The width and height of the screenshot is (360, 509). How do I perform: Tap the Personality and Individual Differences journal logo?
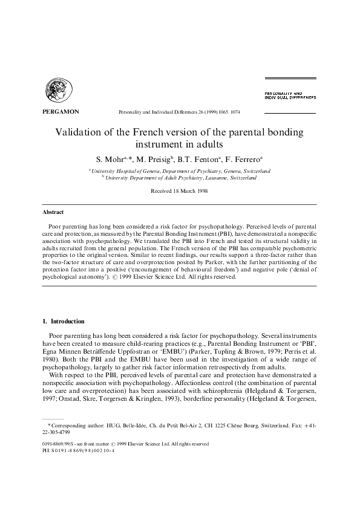pos(290,96)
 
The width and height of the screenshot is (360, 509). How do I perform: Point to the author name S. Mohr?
pos(111,160)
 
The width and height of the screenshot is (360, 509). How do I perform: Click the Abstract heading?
pos(53,213)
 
